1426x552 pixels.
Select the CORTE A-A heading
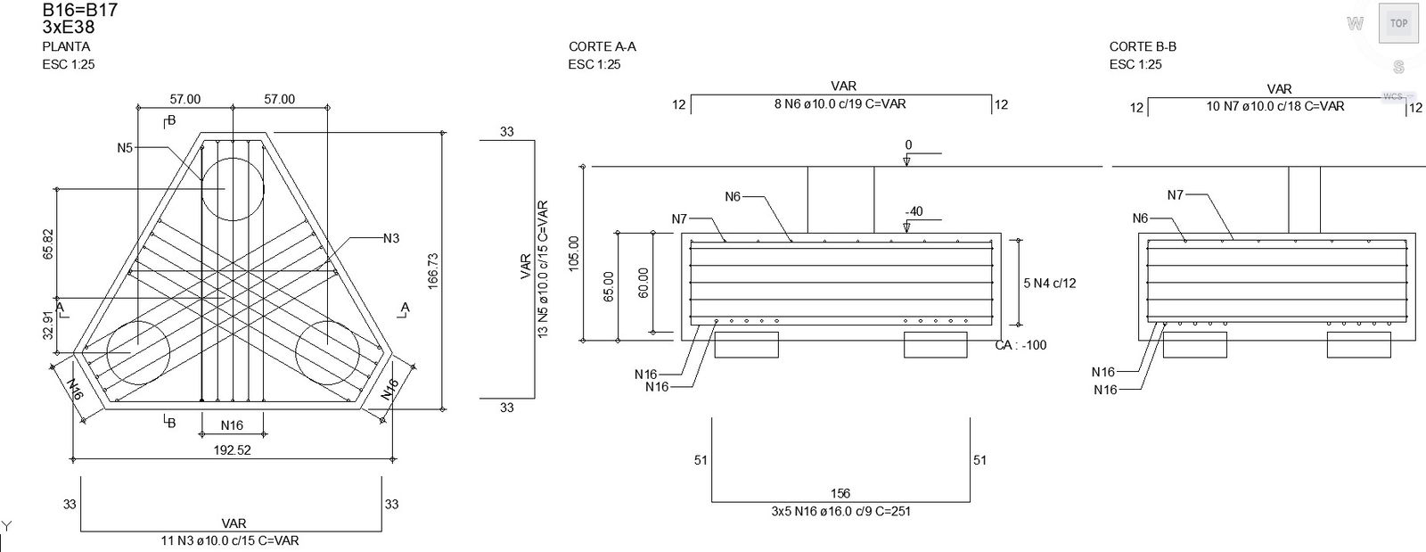pos(602,46)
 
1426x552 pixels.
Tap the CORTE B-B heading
pos(1143,46)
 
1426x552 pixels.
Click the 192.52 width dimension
pos(232,450)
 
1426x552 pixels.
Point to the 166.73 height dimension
pos(433,271)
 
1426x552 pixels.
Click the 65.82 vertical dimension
pos(49,243)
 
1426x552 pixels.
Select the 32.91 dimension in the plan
pos(49,325)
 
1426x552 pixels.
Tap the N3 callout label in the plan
pos(391,238)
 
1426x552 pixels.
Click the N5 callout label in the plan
pos(125,148)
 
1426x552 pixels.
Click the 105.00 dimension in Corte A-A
pos(574,253)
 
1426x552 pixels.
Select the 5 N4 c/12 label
pos(1050,284)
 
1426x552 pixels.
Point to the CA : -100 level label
pos(1020,345)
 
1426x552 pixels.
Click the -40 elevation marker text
pos(914,211)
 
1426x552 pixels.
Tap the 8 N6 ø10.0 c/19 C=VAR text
pos(840,103)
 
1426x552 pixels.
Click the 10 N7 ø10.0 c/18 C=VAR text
pos(1275,106)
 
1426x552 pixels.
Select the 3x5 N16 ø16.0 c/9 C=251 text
pos(841,511)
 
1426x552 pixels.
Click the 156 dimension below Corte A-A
pos(840,493)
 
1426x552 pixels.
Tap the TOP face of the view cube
pos(1398,23)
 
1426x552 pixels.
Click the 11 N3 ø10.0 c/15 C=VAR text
pos(230,540)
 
